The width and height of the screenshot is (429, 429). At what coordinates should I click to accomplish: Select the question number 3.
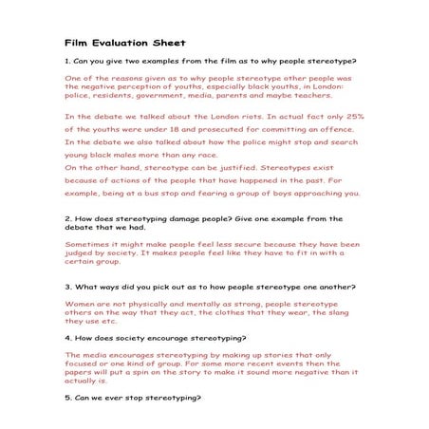point(66,286)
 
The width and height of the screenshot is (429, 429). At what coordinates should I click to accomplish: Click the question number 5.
point(66,397)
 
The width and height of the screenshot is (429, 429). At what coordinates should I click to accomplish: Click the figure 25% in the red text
point(351,117)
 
